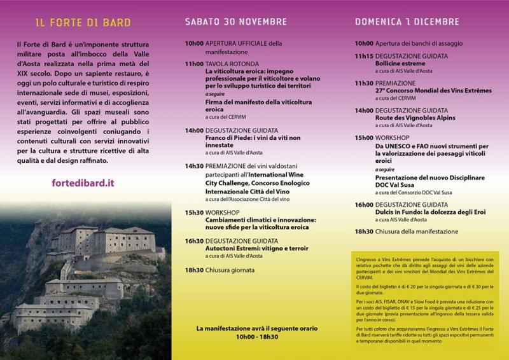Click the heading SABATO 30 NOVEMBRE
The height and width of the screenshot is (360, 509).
pos(235,22)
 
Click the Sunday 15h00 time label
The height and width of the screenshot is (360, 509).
pos(365,137)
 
